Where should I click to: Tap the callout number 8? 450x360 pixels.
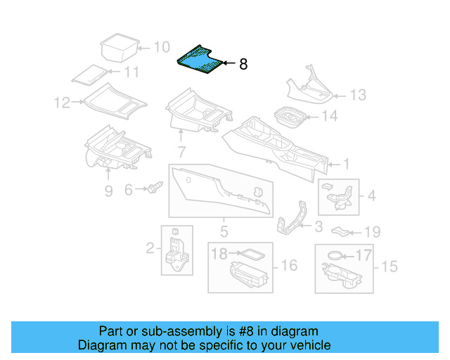coord(243,65)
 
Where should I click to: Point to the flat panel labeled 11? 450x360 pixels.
coord(89,74)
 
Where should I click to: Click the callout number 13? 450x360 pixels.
coord(359,94)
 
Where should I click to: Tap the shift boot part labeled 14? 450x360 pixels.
coord(288,117)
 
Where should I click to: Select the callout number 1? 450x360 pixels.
coord(346,164)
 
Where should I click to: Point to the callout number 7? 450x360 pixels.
coord(181,151)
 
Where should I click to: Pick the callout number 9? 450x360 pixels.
coord(108,191)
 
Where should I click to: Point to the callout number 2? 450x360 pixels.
coord(150,247)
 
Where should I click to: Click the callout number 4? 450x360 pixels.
coord(372,195)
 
